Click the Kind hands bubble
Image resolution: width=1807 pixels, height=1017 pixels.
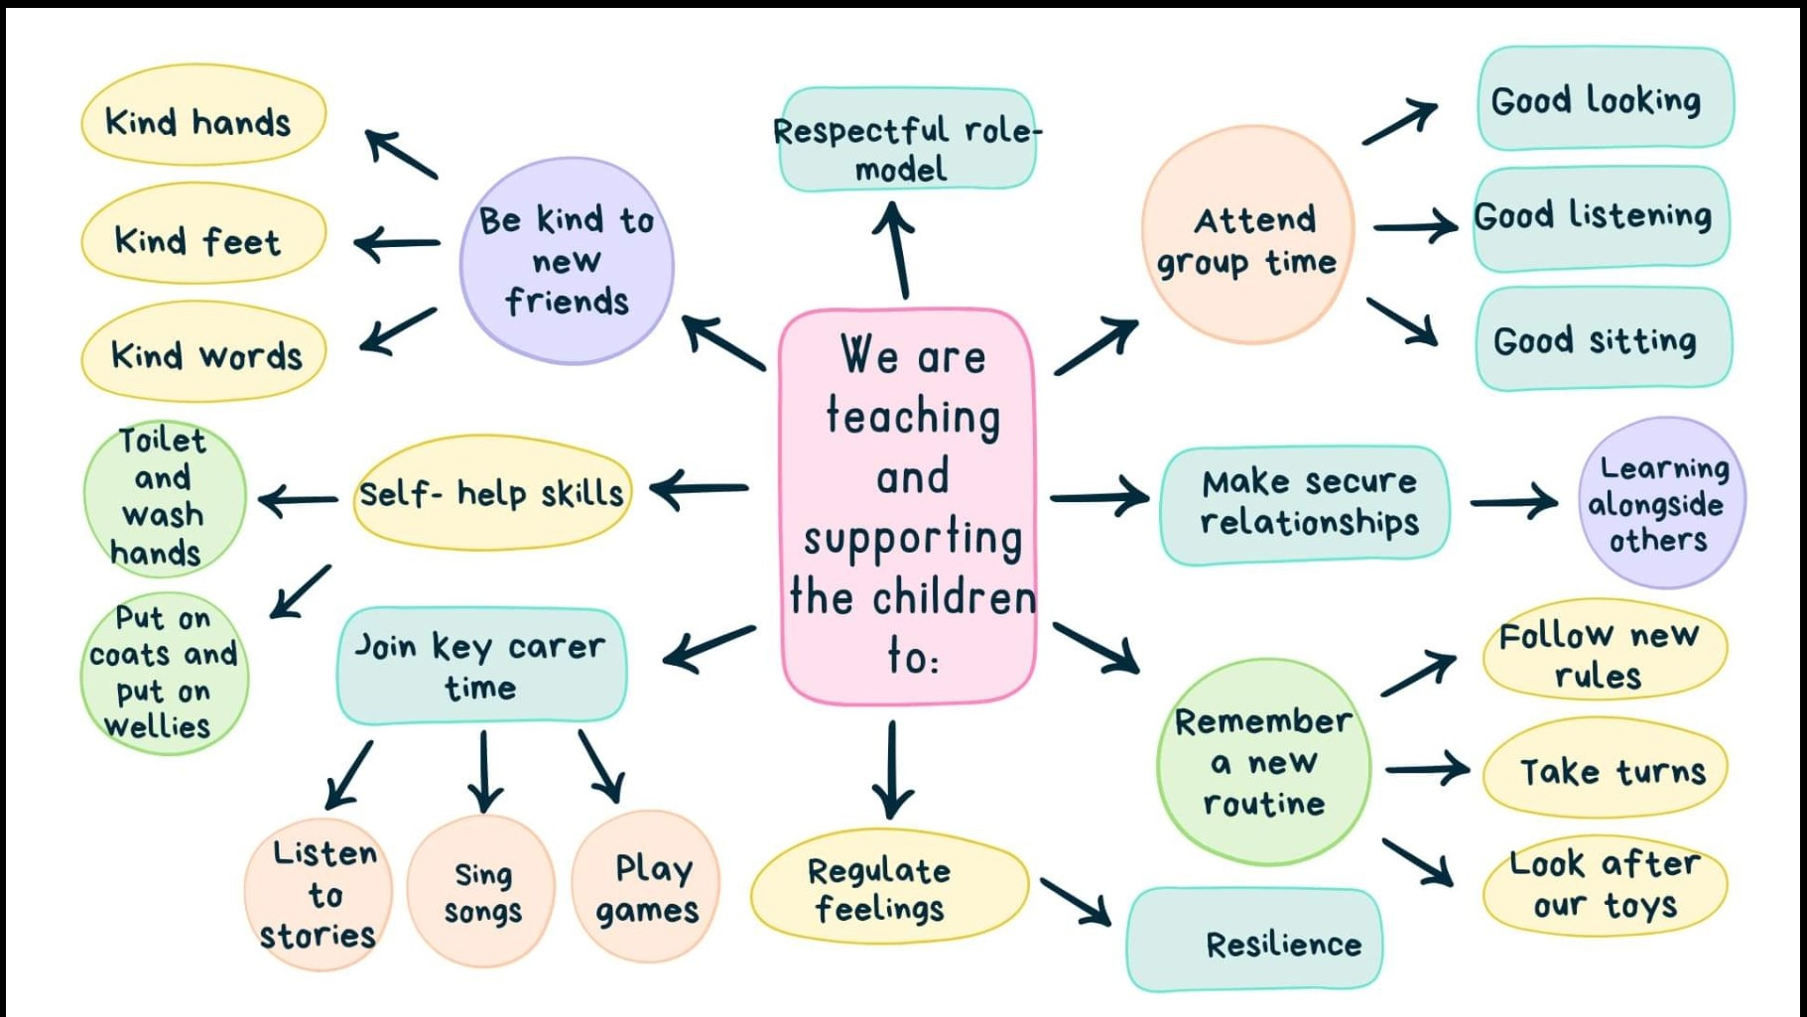click(202, 117)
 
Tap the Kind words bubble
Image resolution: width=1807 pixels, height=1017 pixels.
click(204, 352)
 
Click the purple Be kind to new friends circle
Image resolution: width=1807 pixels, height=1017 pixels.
click(567, 260)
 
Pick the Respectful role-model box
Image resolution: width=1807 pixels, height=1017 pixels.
click(906, 140)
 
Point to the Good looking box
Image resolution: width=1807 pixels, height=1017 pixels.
click(1604, 98)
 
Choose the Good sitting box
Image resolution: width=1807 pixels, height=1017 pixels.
click(1602, 339)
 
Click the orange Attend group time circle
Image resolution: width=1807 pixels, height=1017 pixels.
click(1247, 236)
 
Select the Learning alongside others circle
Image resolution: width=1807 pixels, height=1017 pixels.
click(1660, 502)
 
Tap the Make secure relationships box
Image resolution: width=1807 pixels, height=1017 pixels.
click(1305, 502)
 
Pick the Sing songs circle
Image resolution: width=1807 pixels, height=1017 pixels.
click(482, 891)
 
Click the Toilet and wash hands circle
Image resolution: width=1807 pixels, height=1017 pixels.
click(163, 496)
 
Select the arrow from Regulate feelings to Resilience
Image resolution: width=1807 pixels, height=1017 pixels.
click(1076, 899)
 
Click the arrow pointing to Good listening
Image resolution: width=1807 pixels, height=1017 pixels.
click(1415, 227)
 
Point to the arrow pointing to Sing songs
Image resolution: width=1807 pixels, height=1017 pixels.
click(484, 772)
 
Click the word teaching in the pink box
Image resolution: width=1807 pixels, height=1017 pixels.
click(913, 416)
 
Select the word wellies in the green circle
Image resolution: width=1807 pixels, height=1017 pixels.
click(158, 726)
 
